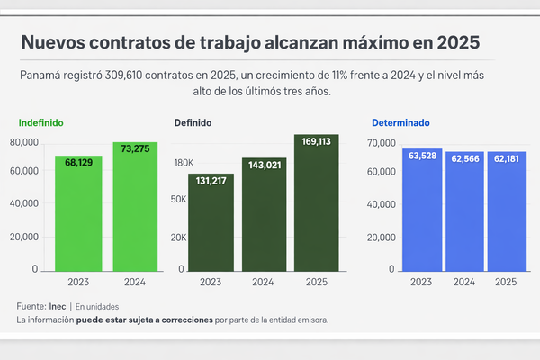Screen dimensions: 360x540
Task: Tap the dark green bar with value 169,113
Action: (x=316, y=202)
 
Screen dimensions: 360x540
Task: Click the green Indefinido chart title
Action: (x=41, y=122)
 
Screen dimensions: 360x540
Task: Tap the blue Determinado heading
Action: (x=400, y=122)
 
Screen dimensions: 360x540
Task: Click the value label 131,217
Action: (x=211, y=180)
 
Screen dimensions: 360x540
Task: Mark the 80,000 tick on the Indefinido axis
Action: (x=23, y=142)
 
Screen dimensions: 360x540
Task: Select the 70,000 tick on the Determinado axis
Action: (x=382, y=143)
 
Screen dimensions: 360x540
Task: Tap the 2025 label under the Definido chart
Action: (x=316, y=282)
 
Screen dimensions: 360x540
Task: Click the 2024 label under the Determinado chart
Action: (x=463, y=282)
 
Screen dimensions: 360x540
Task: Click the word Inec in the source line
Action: (x=57, y=306)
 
